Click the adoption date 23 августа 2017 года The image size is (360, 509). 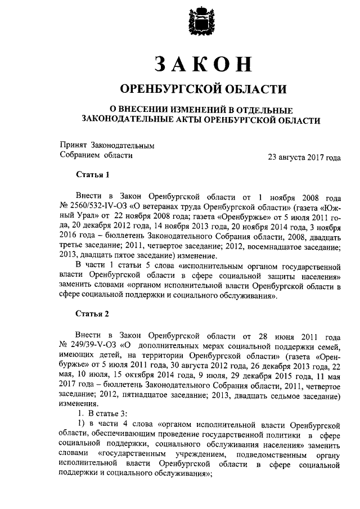304,158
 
